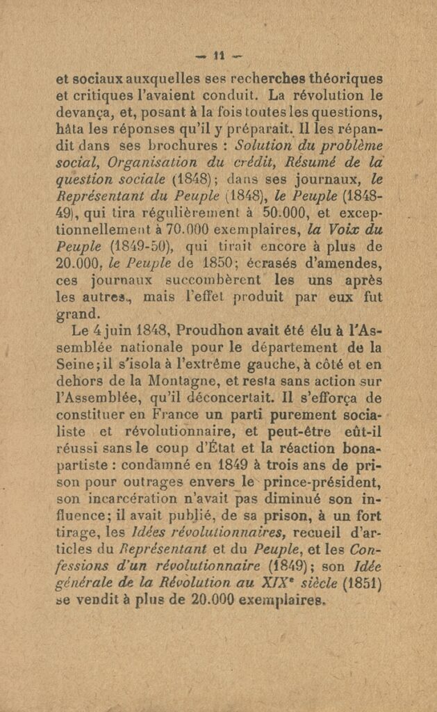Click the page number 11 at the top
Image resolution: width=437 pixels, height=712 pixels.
click(x=219, y=56)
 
